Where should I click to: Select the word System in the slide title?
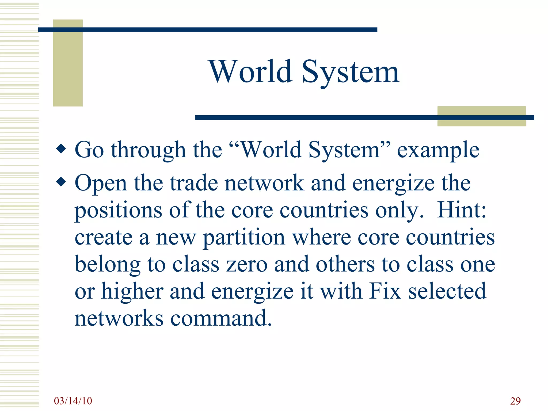click(x=351, y=72)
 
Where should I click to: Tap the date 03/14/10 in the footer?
click(x=73, y=401)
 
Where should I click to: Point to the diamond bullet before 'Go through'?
click(x=61, y=149)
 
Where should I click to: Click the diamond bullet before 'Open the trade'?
click(x=61, y=182)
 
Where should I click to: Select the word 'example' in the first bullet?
click(x=438, y=150)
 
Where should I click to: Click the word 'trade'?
click(x=194, y=183)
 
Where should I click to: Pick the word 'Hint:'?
click(x=462, y=210)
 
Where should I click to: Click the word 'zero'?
click(x=247, y=265)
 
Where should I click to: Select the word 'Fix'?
click(x=385, y=291)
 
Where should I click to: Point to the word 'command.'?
click(x=221, y=318)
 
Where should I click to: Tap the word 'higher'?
click(x=132, y=291)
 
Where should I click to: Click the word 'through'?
click(x=148, y=150)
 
